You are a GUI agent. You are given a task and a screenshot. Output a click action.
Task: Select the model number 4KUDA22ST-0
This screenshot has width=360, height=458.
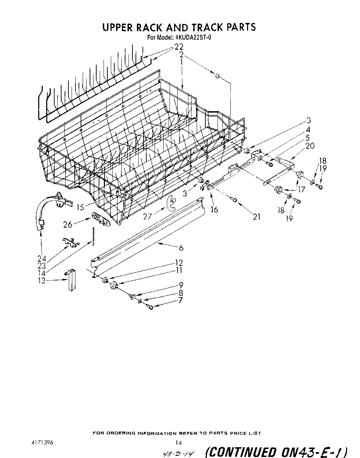coord(191,38)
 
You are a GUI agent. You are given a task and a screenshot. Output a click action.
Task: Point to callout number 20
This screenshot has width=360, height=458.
coord(310,146)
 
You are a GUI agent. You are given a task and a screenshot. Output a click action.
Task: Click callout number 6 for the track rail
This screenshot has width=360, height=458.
coord(181,248)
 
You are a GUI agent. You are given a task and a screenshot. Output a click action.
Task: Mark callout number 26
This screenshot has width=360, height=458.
coord(68,224)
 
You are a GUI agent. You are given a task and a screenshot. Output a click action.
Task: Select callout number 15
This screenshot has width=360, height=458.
coord(80,207)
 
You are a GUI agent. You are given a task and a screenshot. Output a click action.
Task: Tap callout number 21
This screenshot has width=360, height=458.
coord(256,217)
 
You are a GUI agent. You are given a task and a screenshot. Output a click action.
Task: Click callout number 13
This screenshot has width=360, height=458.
coord(42,281)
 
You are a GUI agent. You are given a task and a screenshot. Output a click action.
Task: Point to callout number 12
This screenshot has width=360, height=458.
coord(179,263)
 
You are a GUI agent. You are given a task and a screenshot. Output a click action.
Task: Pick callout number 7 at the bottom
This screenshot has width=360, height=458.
coord(180,301)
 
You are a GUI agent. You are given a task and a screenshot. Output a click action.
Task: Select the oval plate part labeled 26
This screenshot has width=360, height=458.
coord(100,219)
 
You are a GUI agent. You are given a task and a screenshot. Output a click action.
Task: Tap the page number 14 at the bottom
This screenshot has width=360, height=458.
coord(179,443)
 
